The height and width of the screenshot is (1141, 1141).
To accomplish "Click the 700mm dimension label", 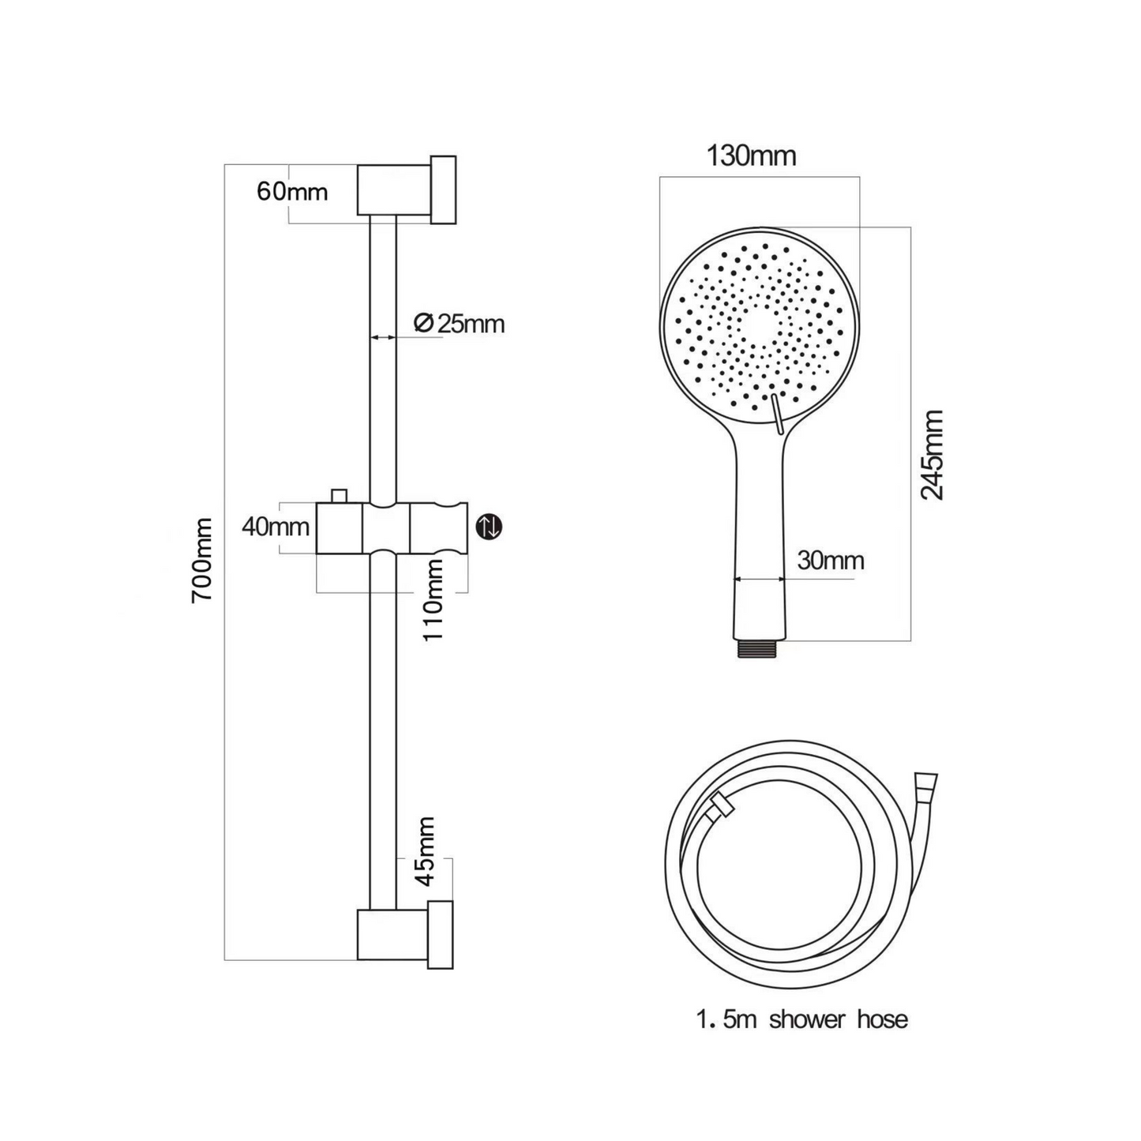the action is pos(202,560).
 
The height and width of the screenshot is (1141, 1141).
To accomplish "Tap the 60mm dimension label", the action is pos(292,192).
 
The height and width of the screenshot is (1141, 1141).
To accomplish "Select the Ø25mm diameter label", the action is pos(459,324).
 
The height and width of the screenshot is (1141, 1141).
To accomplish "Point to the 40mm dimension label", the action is pos(276,527).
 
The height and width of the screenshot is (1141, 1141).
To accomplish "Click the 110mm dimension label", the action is pos(433,600).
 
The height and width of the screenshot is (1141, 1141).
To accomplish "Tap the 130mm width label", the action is pos(752,156).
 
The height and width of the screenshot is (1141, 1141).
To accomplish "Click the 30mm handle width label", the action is pos(830,560).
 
